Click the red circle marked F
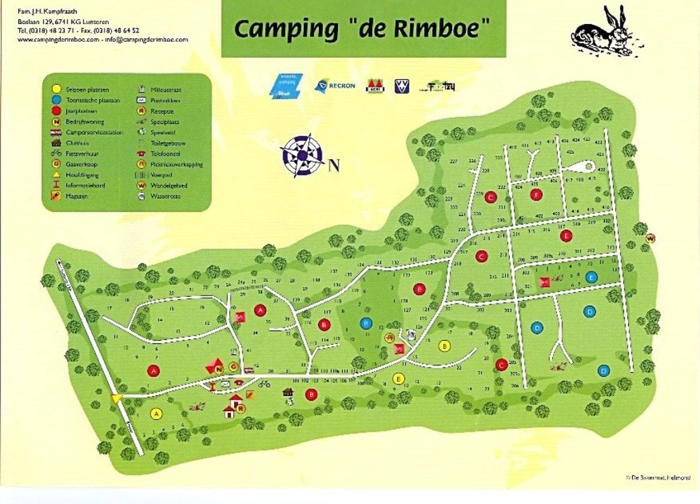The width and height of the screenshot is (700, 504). [537, 194]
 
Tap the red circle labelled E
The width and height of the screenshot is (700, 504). [564, 235]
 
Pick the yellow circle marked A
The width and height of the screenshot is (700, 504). [156, 413]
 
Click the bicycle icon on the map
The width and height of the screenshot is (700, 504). [264, 384]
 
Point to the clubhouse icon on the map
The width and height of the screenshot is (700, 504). [287, 392]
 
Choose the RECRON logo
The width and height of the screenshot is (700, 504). [333, 86]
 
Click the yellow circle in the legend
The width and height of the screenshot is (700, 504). [55, 89]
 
